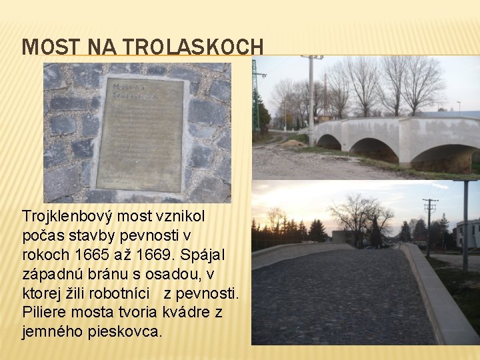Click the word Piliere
45,313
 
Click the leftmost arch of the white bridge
329,142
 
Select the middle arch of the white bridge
374,150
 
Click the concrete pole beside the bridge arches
311,100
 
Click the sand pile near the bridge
293,143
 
